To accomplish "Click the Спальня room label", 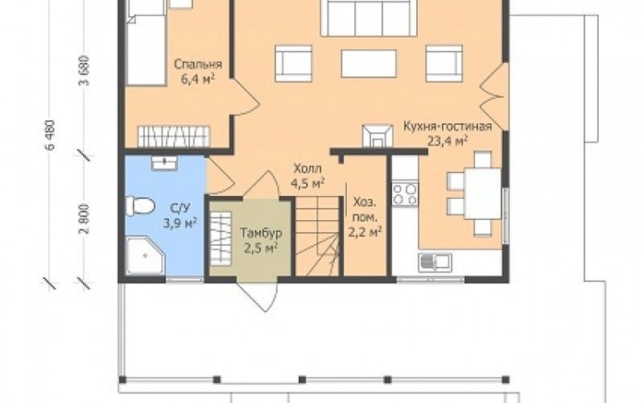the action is [198, 72].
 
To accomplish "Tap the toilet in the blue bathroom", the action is [140, 206].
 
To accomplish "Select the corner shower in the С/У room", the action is [146, 256].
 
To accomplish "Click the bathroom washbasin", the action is [164, 163].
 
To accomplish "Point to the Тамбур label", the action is [261, 240].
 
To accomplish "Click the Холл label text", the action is [308, 176].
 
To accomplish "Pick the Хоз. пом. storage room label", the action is [365, 218].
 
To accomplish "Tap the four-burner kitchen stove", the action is [405, 194].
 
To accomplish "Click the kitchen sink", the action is [435, 263].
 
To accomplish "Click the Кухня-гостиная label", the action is [448, 133].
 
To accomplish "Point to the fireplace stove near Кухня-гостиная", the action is [378, 135].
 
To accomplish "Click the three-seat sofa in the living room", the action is [369, 18].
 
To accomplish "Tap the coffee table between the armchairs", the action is [369, 64].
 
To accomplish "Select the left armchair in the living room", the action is [293, 64].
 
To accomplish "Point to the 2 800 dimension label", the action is [84, 218].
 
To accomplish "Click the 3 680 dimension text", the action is [84, 70].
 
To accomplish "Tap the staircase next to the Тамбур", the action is [317, 236].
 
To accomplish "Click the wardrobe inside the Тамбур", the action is [221, 238].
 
